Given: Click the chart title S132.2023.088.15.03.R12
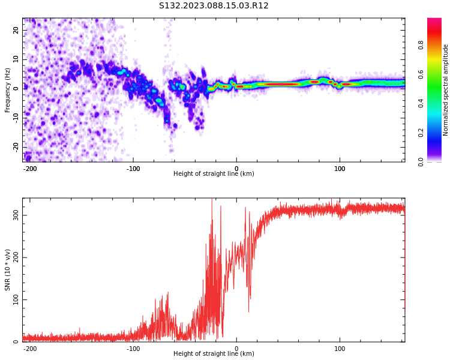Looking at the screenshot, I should [x=214, y=6].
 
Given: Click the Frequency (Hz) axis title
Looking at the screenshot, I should [x=8, y=89].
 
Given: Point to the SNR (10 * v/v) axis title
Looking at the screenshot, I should [x=8, y=270].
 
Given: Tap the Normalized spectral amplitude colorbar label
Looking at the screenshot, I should [x=446, y=89].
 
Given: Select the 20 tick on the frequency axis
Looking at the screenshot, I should [x=16, y=30].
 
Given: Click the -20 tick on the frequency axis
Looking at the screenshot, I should [x=15, y=147].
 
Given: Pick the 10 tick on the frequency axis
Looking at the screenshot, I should [x=16, y=59].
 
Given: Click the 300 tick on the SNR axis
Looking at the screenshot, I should [x=14, y=215].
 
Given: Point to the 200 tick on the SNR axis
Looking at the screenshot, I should [x=14, y=257].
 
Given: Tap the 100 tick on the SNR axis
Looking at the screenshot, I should [x=14, y=299].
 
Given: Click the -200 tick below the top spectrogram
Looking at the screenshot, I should [x=30, y=169].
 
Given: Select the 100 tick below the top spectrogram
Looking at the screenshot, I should [x=340, y=169].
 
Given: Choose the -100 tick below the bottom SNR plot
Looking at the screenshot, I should [x=133, y=349].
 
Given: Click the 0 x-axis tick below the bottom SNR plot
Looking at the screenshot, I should [x=236, y=349].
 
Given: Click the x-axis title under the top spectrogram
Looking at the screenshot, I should [x=214, y=174].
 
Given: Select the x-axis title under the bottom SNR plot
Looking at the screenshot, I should [x=214, y=354].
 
